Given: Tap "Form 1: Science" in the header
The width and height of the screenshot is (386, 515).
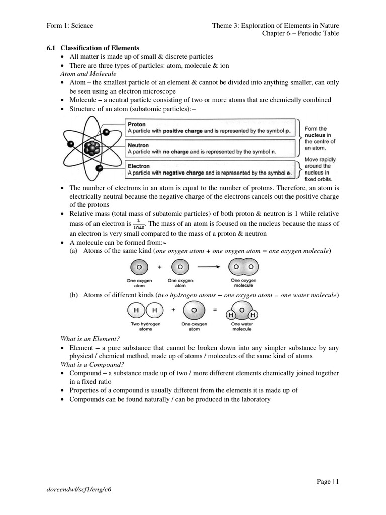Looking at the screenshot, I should coord(68,25).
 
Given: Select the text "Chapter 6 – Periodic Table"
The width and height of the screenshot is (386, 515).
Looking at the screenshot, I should coord(301,33).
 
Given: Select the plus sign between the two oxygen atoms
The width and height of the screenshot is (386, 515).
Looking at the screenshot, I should coord(159,266).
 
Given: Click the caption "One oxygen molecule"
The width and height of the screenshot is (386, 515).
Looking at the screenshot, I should coord(243,283).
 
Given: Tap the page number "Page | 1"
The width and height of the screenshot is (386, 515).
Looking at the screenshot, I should coord(328,482).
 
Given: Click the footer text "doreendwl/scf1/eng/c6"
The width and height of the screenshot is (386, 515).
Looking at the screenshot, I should coord(78,502).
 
